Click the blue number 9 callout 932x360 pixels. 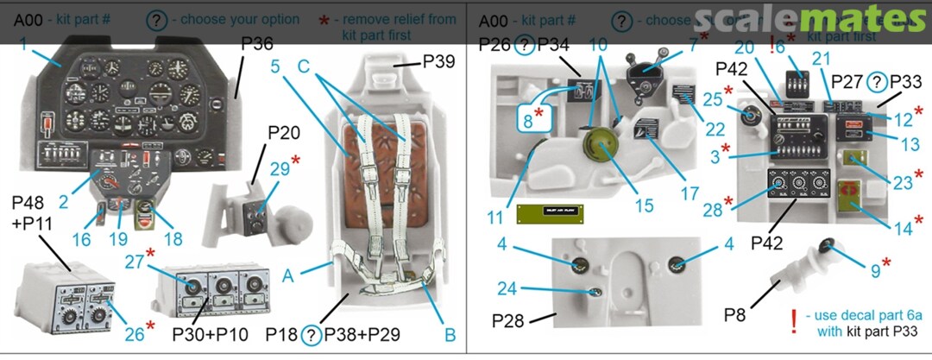(x=875, y=271)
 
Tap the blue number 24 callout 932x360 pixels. (x=507, y=289)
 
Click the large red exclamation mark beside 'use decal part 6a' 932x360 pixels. (x=792, y=320)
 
